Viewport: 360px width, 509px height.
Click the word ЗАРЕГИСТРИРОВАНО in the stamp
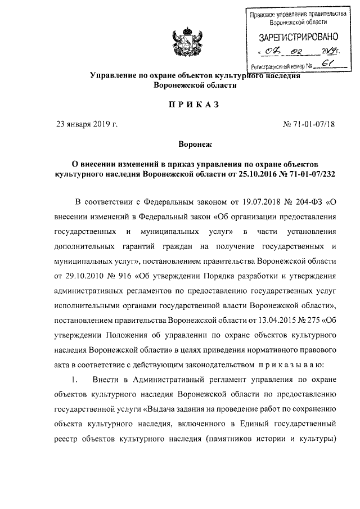coord(298,38)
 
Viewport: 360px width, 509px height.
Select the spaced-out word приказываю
coord(300,363)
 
